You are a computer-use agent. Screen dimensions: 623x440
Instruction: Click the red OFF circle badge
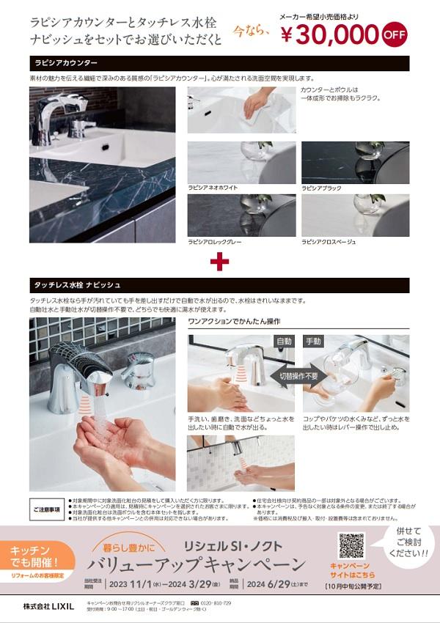pyautogui.click(x=395, y=34)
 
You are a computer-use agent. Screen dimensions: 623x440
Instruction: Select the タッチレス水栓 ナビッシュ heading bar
pyautogui.click(x=219, y=285)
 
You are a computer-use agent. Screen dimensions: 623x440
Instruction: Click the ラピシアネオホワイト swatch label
pyautogui.click(x=213, y=188)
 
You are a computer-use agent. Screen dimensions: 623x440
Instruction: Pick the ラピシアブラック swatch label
pyautogui.click(x=323, y=188)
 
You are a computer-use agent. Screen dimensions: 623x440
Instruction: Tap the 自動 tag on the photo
pyautogui.click(x=283, y=342)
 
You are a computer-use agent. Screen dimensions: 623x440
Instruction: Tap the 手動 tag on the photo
pyautogui.click(x=313, y=342)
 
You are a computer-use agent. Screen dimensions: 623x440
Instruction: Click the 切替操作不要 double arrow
pyautogui.click(x=298, y=375)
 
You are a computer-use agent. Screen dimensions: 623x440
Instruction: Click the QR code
pyautogui.click(x=351, y=545)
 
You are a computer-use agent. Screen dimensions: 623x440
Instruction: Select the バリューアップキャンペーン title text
pyautogui.click(x=195, y=565)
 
